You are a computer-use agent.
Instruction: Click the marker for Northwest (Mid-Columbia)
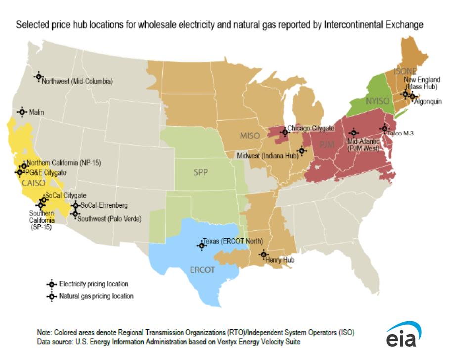[x=38, y=76]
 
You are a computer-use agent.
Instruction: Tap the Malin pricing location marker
[x=22, y=112]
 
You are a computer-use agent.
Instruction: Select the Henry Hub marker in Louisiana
[x=263, y=254]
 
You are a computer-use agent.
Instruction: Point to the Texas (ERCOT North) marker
[x=201, y=245]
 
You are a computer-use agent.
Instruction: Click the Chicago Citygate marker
[x=284, y=132]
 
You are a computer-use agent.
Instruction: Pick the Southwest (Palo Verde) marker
[x=75, y=214]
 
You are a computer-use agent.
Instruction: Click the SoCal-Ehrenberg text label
[x=104, y=205]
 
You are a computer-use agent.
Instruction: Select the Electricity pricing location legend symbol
[x=51, y=284]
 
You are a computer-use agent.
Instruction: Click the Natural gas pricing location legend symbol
[x=51, y=296]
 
